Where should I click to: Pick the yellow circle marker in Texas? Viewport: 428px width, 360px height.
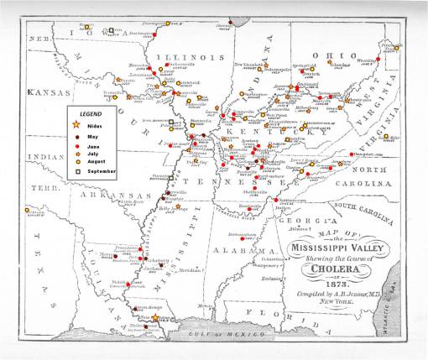[x=29, y=211]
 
